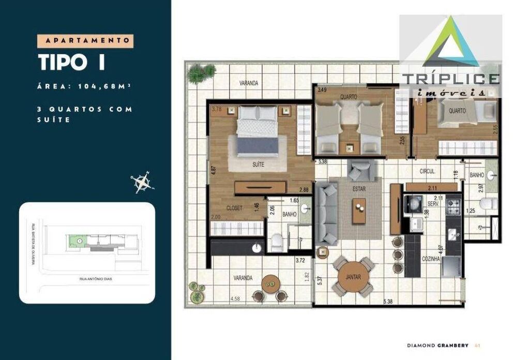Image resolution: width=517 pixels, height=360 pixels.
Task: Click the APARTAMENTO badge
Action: click(85, 40)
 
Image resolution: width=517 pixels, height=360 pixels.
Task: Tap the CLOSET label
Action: click(234, 208)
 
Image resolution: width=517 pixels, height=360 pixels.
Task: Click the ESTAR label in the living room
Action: click(359, 189)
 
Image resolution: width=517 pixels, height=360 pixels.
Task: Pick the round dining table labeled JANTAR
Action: click(354, 277)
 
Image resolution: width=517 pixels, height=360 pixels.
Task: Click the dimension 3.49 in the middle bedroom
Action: click(322, 90)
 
